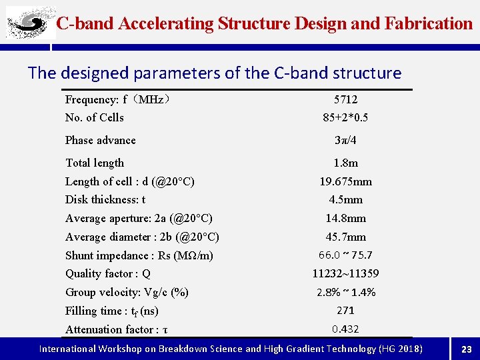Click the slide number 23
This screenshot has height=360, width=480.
(466, 349)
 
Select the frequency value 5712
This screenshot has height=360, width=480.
(345, 99)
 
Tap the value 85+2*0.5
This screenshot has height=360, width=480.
(345, 118)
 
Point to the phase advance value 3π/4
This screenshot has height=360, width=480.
(345, 140)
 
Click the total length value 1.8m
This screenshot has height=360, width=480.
(345, 163)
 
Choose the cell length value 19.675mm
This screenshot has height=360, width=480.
(345, 181)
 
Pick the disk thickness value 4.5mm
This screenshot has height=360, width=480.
(345, 199)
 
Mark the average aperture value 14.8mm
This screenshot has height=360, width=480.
(345, 218)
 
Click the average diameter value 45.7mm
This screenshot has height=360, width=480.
(345, 237)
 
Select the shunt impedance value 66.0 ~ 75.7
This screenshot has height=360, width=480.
(345, 255)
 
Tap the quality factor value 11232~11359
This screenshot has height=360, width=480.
(345, 273)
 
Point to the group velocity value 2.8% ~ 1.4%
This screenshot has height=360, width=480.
(345, 292)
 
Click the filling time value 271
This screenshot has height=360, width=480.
(345, 311)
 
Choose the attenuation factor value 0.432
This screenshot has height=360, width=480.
(345, 329)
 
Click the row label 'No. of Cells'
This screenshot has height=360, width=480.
(94, 117)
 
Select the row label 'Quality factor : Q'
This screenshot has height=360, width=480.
(107, 273)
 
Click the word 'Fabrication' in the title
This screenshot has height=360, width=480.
(429, 24)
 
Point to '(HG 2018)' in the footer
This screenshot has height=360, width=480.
(400, 349)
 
